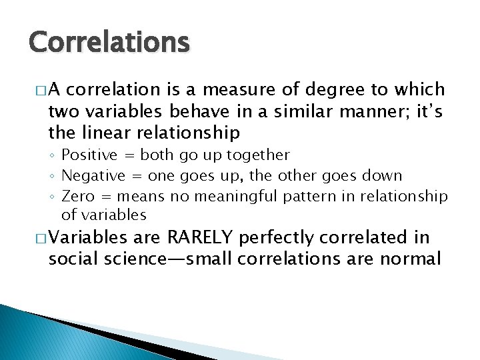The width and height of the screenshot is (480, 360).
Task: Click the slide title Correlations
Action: point(109,43)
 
